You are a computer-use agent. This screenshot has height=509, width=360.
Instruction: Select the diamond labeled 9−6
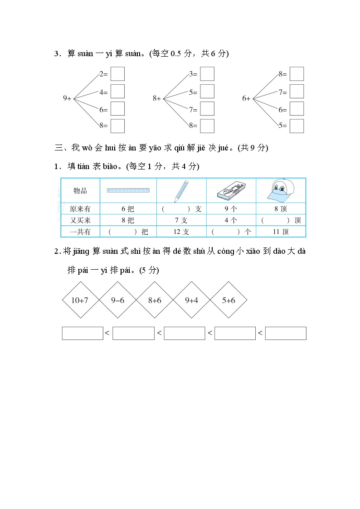click(x=117, y=300)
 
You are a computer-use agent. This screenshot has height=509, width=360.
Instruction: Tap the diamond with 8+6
click(x=155, y=300)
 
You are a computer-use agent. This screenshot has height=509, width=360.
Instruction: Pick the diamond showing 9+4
click(x=192, y=300)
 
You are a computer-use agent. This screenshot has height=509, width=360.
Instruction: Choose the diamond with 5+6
click(x=229, y=300)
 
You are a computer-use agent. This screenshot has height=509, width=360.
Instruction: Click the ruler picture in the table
click(x=128, y=190)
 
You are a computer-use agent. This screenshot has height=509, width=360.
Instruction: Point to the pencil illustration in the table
click(x=181, y=191)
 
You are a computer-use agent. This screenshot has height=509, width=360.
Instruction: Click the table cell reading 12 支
click(x=181, y=232)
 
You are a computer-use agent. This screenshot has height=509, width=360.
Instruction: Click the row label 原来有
click(x=80, y=209)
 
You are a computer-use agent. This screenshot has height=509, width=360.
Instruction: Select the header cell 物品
click(x=80, y=191)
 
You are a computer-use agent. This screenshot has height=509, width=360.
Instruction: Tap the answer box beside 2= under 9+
click(x=117, y=74)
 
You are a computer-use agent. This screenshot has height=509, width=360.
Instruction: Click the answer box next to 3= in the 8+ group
click(x=207, y=74)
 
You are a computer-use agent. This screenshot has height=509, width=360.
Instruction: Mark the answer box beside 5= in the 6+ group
click(x=297, y=126)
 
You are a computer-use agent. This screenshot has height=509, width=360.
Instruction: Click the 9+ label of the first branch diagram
click(x=67, y=98)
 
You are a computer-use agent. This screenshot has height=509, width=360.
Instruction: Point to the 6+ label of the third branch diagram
click(x=246, y=98)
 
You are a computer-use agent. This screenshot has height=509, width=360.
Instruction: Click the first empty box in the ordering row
click(x=83, y=333)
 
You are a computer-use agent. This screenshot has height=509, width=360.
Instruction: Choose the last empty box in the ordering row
click(x=286, y=333)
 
